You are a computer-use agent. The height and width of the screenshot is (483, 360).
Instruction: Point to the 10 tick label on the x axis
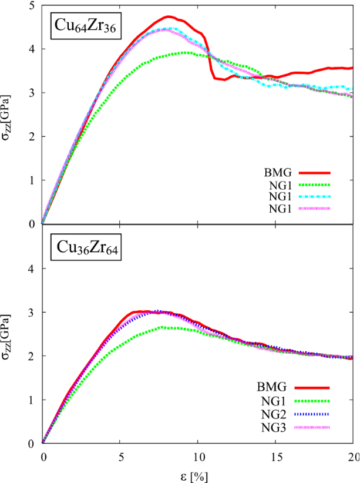point(197,456)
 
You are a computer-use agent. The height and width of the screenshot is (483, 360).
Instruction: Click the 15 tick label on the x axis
point(275,456)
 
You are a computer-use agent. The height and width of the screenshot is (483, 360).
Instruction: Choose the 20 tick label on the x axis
point(352,456)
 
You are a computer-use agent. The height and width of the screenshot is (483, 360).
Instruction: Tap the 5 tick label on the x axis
point(120,456)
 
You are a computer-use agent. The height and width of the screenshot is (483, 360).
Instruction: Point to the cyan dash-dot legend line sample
point(314,197)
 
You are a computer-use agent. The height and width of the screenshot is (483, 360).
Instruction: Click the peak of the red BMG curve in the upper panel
point(169,16)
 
